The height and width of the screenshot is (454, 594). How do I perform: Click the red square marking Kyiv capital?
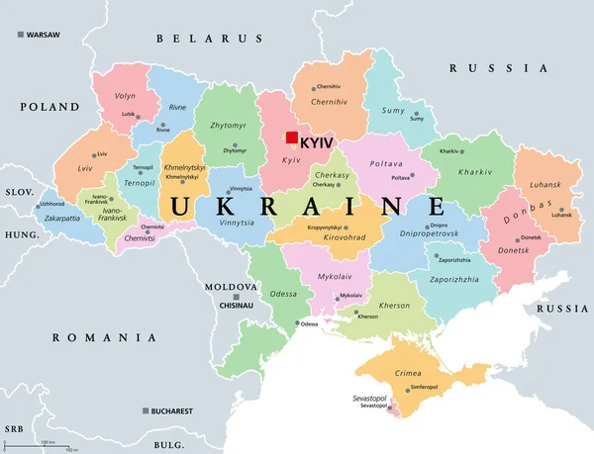pyautogui.click(x=292, y=139)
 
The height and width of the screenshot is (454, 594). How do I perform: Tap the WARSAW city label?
pyautogui.click(x=43, y=35)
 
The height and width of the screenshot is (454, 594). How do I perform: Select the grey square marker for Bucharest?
pyautogui.click(x=146, y=410)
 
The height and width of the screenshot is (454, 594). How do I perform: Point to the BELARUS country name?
pyautogui.click(x=208, y=39)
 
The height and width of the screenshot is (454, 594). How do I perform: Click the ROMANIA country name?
pyautogui.click(x=105, y=338)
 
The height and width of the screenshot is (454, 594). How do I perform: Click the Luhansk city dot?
pyautogui.click(x=561, y=210)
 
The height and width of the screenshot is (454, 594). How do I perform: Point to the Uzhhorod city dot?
pyautogui.click(x=41, y=205)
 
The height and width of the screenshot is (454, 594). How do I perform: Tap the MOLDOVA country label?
pyautogui.click(x=231, y=287)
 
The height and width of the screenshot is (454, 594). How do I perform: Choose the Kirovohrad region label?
pyautogui.click(x=341, y=237)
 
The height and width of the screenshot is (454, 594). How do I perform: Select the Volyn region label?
pyautogui.click(x=125, y=97)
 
